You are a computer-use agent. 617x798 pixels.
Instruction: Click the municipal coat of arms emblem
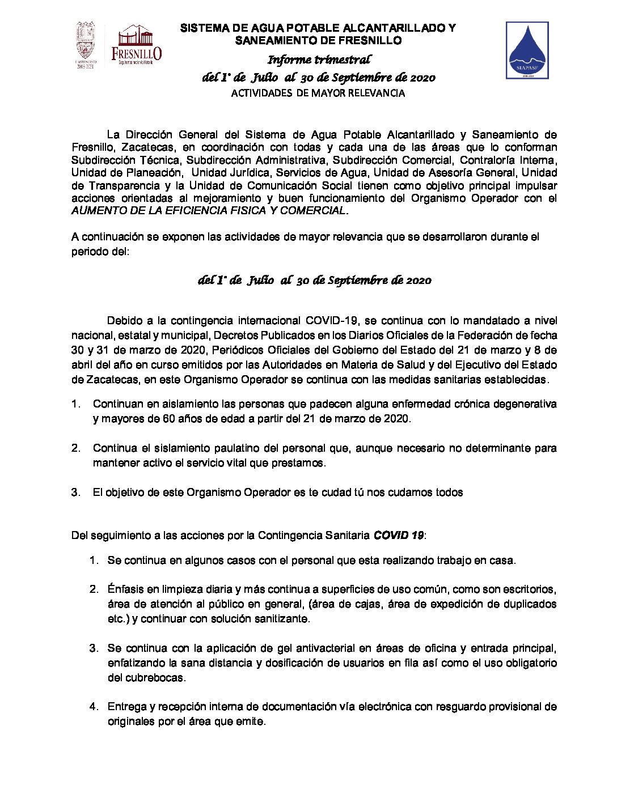pos(86,43)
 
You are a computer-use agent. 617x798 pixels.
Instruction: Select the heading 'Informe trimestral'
pos(319,60)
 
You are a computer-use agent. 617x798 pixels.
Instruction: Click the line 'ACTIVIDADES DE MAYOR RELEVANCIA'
pos(318,93)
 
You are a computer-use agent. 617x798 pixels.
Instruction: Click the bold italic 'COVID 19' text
pos(398,536)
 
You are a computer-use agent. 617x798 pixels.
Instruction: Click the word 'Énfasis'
pos(124,589)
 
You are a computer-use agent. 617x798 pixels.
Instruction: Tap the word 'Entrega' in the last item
pos(126,707)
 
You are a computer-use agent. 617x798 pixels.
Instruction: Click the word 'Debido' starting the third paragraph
pos(122,321)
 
